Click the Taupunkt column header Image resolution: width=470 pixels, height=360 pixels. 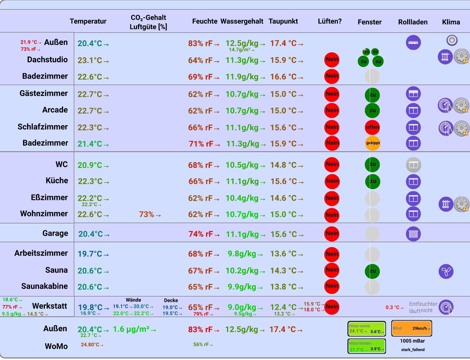(283, 21)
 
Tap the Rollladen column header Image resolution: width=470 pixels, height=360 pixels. (413, 22)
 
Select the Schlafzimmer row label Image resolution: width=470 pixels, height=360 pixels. (43, 127)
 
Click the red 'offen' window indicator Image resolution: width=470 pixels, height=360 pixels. (372, 127)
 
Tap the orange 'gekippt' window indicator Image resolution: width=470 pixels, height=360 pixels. (372, 143)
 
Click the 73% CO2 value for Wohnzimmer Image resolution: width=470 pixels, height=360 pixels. (150, 215)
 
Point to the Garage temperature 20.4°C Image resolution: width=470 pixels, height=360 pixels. (93, 234)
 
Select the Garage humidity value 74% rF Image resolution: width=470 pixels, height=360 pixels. (204, 234)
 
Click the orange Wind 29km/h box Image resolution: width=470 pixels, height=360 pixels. (412, 328)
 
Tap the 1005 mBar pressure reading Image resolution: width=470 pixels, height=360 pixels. (412, 341)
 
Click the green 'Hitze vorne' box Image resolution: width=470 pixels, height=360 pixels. (366, 329)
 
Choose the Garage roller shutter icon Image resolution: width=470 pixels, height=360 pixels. (413, 234)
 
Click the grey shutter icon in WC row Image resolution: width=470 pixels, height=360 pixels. (413, 165)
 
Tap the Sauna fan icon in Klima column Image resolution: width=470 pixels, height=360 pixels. (446, 271)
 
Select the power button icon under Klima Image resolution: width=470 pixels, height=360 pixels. (452, 40)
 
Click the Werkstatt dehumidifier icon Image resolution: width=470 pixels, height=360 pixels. (446, 307)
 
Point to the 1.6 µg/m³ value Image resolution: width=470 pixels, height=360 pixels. (134, 329)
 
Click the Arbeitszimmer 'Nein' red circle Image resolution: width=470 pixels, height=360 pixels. (332, 254)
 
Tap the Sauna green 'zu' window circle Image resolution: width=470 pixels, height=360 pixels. (372, 271)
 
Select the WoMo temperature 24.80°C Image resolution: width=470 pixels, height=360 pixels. (92, 344)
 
